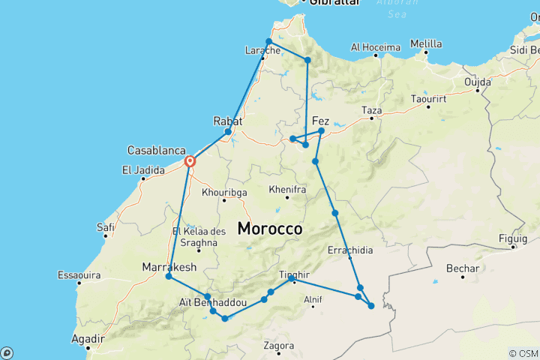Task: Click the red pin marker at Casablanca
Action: click(x=190, y=160)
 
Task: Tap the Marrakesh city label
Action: click(x=169, y=267)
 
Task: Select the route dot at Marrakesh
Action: click(x=169, y=277)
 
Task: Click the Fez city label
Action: click(x=320, y=121)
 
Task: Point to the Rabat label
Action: click(x=227, y=120)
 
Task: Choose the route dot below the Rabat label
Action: click(x=228, y=132)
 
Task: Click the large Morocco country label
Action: click(x=270, y=229)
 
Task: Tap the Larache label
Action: click(x=262, y=51)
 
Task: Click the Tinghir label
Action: click(x=294, y=274)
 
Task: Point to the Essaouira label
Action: click(x=79, y=275)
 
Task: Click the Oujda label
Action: click(x=477, y=81)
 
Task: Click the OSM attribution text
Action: click(x=523, y=353)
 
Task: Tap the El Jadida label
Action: click(x=142, y=170)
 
